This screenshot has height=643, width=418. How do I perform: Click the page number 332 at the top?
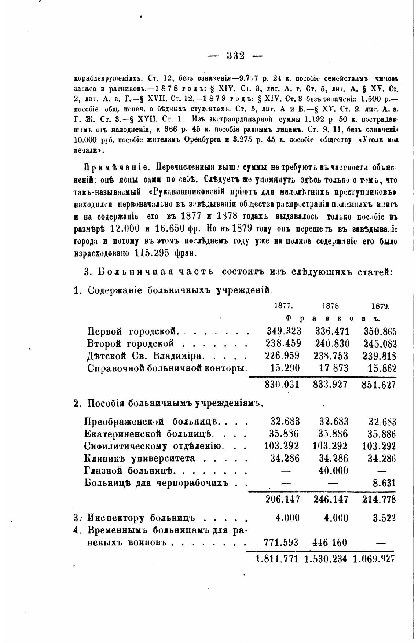tap(235, 56)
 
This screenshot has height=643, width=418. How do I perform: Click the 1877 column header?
tap(283, 306)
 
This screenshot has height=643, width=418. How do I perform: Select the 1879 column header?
tap(380, 306)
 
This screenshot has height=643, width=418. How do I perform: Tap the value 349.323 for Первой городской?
tap(284, 331)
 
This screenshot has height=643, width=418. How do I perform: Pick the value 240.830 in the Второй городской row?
tap(332, 343)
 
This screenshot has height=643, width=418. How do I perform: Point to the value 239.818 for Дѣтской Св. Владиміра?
tap(380, 356)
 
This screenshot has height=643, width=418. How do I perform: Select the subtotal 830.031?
tap(282, 385)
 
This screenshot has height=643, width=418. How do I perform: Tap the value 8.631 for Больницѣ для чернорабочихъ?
tap(384, 483)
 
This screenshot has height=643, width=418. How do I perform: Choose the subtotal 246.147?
tap(331, 499)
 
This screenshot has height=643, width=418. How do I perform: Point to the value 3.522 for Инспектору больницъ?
tap(384, 518)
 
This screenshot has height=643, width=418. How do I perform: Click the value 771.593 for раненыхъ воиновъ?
tap(282, 542)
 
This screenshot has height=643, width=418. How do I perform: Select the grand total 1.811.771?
tap(277, 560)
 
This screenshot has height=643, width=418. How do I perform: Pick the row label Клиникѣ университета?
tap(140, 458)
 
